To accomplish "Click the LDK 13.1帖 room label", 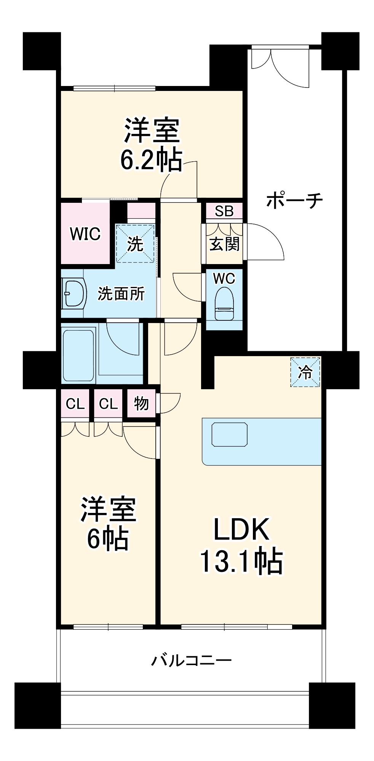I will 241,545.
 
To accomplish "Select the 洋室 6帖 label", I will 108,524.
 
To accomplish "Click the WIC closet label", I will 85,234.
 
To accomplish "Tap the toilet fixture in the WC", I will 224,303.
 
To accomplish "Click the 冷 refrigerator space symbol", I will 305,372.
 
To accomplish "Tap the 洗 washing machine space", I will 135,244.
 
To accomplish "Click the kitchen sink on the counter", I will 230,434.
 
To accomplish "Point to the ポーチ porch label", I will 294,200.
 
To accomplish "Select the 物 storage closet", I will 141,403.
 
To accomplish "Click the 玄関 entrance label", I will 224,244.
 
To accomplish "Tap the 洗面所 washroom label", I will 121,294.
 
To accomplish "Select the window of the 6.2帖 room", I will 114,88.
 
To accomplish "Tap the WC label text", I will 224,279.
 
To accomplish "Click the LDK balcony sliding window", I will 236,627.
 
